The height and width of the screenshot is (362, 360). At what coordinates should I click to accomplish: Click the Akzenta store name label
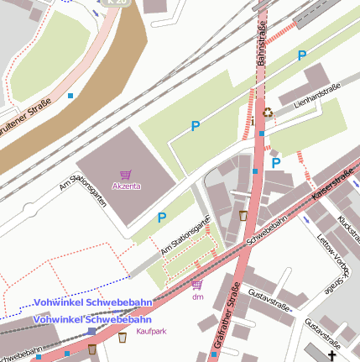coord(126,186)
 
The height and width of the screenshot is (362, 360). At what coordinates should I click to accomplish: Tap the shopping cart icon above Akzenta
coord(126,175)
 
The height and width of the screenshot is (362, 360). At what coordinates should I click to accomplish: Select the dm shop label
coord(198,296)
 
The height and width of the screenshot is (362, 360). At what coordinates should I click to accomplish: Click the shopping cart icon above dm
coord(198,286)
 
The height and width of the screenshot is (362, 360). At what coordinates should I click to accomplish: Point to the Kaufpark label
coord(152,331)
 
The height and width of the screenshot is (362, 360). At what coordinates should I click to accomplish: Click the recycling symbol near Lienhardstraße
coord(267,111)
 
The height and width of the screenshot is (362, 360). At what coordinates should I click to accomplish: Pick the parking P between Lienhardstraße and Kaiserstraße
coord(275,163)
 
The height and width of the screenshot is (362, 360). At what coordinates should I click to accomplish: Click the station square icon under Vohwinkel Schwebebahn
coord(91,332)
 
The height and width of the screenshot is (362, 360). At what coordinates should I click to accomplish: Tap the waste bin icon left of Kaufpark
coord(123,338)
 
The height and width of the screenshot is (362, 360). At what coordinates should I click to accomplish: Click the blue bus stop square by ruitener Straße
coord(70,97)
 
